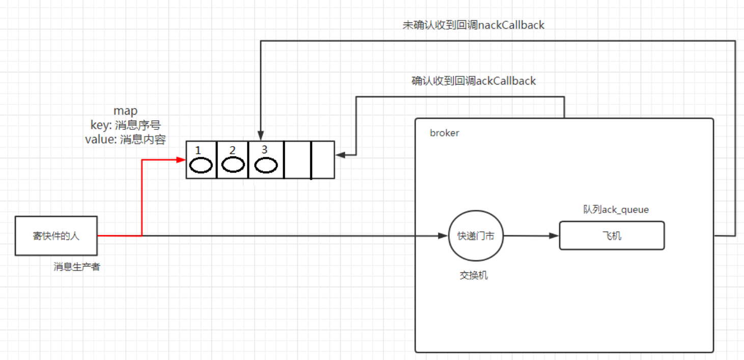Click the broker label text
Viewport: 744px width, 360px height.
point(445,133)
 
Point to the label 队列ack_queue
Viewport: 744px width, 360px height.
point(616,210)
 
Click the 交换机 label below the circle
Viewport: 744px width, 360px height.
point(474,275)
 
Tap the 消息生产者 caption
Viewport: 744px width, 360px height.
point(77,267)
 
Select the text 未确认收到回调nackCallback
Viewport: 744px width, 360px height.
point(473,25)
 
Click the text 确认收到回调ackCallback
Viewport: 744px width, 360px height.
point(473,80)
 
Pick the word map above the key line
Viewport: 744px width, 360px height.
point(126,111)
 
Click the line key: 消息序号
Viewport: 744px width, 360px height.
point(126,125)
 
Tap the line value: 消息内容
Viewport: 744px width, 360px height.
point(126,140)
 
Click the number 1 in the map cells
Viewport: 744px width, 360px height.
point(198,150)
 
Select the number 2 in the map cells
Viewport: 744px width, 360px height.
point(233,150)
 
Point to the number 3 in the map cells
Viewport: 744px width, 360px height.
point(264,149)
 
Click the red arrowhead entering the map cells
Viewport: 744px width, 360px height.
point(181,160)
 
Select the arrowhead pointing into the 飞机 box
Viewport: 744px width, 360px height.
point(554,236)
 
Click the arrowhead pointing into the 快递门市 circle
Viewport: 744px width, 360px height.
point(443,236)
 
